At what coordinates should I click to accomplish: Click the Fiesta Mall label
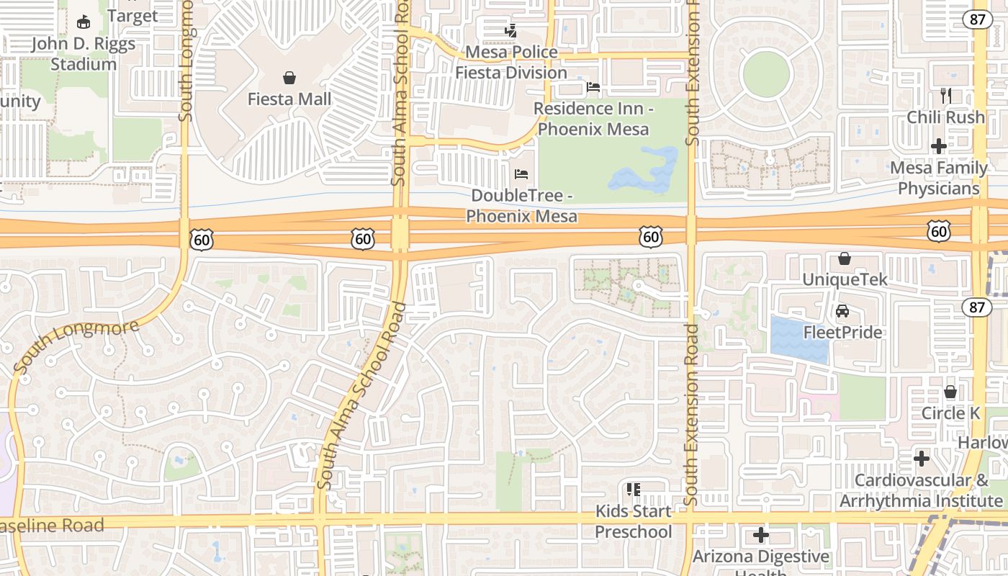(x=289, y=99)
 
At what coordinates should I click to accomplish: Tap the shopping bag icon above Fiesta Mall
(x=289, y=78)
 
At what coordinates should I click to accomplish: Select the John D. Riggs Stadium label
(x=84, y=54)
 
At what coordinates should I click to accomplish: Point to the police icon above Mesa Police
(x=510, y=31)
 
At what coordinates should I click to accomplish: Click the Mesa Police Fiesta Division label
(x=511, y=63)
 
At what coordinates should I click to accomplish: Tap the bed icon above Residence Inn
(x=593, y=87)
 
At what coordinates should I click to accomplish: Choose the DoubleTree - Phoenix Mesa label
(x=521, y=206)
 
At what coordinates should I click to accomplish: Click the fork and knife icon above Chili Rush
(x=946, y=95)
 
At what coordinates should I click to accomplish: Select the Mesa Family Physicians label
(x=939, y=178)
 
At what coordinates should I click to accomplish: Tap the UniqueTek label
(x=845, y=279)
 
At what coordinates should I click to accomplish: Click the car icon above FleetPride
(x=842, y=311)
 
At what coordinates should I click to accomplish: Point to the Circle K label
(x=950, y=413)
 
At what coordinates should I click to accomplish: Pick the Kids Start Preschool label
(x=634, y=521)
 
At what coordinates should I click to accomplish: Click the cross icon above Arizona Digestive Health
(x=761, y=535)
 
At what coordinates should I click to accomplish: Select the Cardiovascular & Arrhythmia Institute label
(x=922, y=490)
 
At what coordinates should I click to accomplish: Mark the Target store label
(x=132, y=16)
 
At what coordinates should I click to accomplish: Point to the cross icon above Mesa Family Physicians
(x=939, y=146)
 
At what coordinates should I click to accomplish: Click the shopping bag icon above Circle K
(x=950, y=392)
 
